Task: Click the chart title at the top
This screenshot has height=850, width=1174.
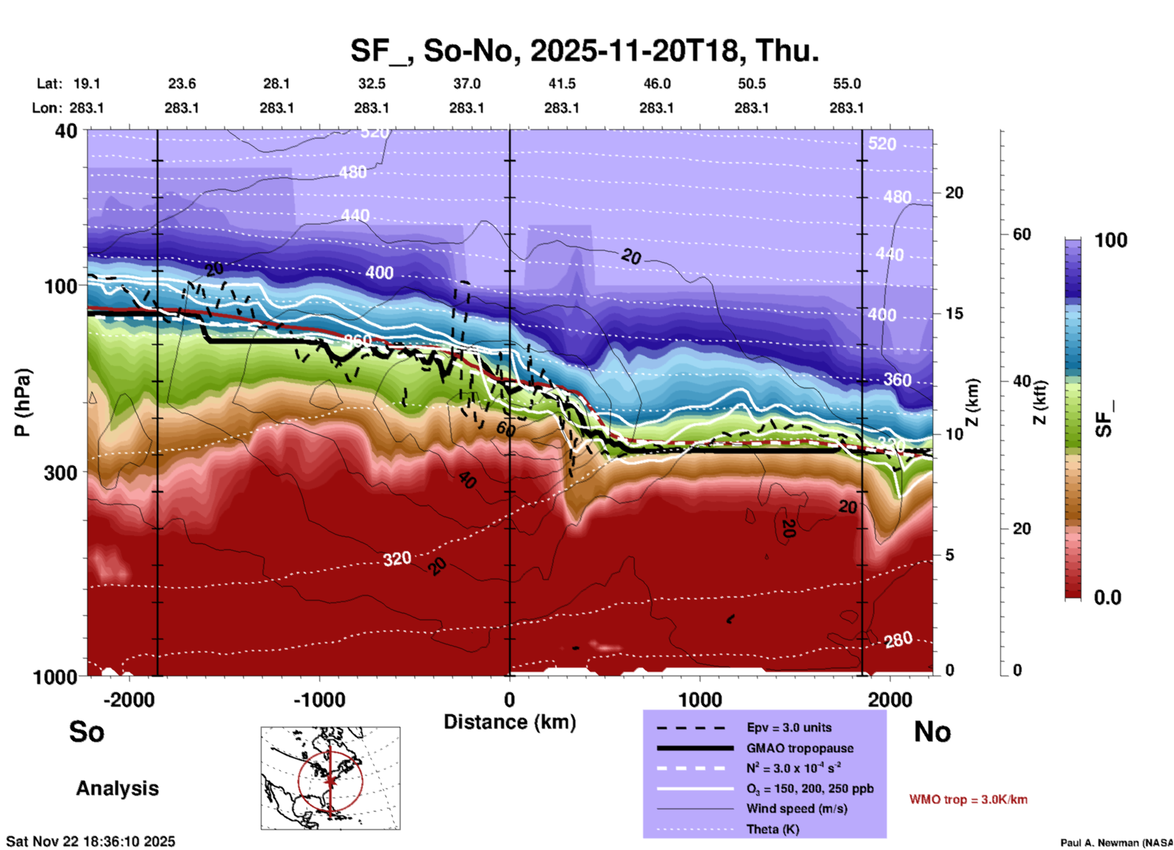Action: tap(585, 50)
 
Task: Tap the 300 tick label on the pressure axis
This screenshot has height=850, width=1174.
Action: tap(60, 473)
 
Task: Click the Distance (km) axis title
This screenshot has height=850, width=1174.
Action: tap(510, 722)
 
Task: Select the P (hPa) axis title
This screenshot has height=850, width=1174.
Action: tap(23, 402)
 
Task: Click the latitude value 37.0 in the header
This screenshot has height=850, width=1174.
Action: tap(466, 84)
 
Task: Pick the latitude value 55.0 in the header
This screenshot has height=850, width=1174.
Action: tap(847, 84)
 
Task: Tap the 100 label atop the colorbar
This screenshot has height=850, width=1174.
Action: tap(1111, 240)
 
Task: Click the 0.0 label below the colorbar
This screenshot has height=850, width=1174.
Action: tap(1108, 598)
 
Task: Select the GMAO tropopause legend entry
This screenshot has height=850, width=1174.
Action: tap(800, 748)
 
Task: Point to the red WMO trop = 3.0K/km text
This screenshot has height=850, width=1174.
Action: tap(968, 799)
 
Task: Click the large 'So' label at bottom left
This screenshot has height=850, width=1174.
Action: tap(87, 731)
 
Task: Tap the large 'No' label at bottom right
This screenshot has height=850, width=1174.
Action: tap(932, 731)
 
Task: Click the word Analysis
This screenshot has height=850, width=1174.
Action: tap(117, 788)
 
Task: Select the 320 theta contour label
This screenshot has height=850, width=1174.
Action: tap(397, 559)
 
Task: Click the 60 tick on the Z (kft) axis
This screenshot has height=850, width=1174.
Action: tap(1022, 234)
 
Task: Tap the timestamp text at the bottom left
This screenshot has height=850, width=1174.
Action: tap(91, 841)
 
